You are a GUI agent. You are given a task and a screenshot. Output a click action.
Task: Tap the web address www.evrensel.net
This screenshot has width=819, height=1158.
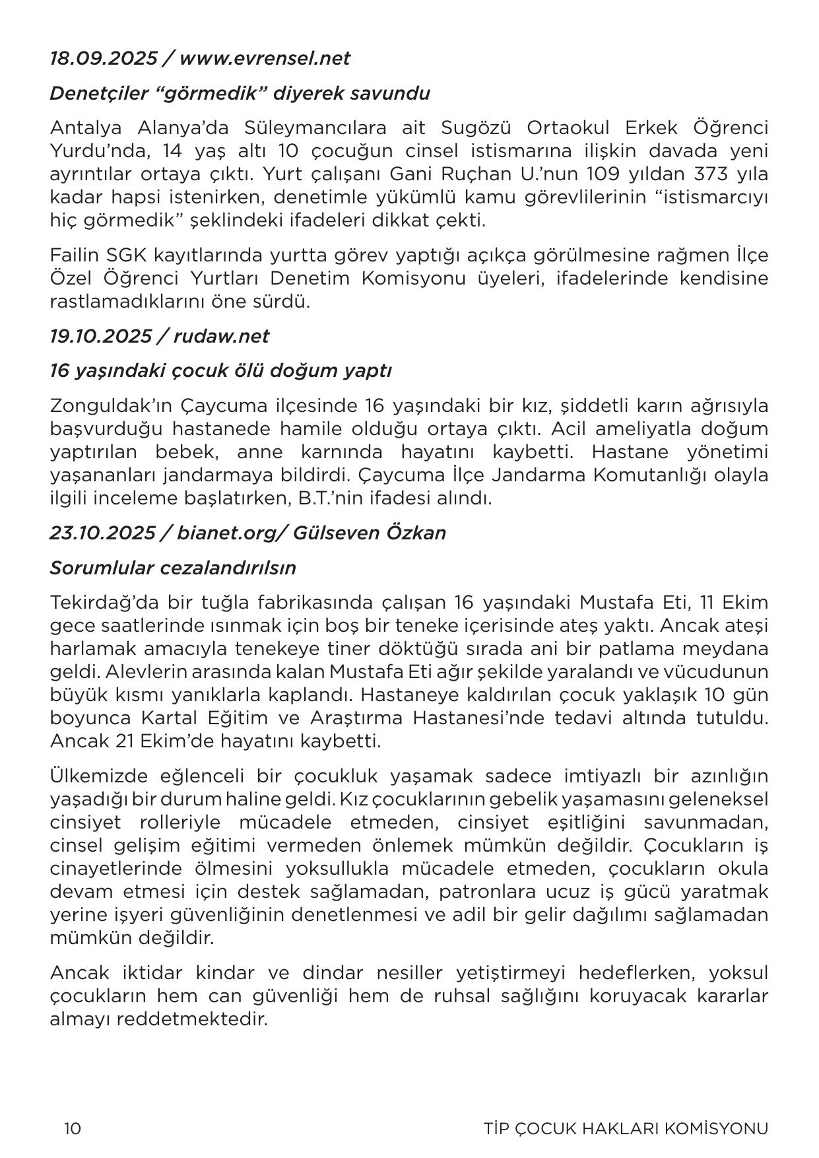(264, 58)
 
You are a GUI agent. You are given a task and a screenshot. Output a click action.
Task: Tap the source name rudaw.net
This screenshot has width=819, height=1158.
(221, 336)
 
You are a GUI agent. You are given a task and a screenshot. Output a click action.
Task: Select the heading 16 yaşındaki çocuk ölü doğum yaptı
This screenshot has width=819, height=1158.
(220, 370)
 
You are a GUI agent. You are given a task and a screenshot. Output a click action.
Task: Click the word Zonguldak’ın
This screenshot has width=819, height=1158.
(110, 405)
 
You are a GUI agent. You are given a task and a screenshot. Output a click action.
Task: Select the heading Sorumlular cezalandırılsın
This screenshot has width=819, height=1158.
(172, 568)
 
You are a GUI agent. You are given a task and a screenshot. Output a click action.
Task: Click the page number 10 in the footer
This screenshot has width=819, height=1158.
(73, 1128)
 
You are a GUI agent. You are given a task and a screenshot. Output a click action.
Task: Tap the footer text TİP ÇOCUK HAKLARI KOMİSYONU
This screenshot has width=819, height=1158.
(626, 1128)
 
